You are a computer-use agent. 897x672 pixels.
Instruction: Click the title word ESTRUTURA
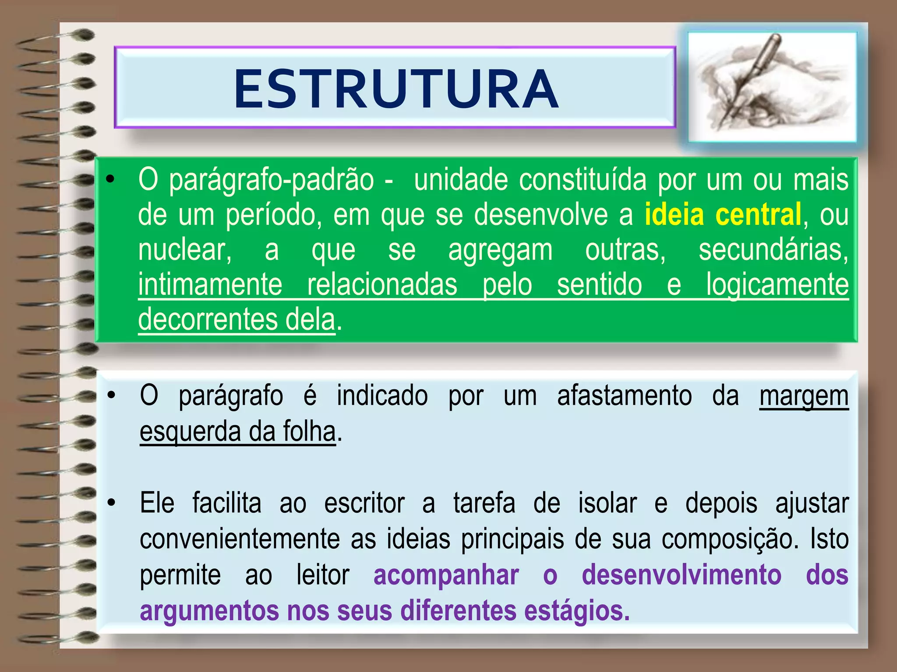[396, 89]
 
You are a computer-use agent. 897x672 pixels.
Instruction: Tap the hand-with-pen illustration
[772, 87]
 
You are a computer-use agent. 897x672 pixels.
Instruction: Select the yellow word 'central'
[758, 214]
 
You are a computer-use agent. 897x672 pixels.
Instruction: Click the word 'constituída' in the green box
[583, 179]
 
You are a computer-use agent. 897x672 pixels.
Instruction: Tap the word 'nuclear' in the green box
[184, 250]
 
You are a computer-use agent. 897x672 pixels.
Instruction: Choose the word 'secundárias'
[773, 250]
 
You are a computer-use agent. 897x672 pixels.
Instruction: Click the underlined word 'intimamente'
[210, 285]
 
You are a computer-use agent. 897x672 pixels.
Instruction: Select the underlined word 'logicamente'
[777, 285]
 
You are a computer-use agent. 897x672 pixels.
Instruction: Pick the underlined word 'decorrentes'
[208, 319]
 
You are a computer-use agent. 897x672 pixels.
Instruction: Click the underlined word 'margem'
[804, 396]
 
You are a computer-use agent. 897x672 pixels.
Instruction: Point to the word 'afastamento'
[624, 396]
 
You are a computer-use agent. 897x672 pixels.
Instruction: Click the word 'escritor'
[364, 503]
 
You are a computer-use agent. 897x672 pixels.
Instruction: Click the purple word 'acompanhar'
[446, 575]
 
